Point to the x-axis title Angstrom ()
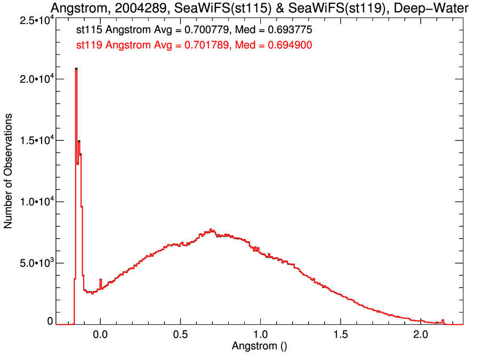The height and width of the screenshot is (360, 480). click(x=260, y=346)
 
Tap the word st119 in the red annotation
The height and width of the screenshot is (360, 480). click(x=89, y=45)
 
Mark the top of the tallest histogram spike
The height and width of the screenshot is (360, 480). click(x=76, y=69)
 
